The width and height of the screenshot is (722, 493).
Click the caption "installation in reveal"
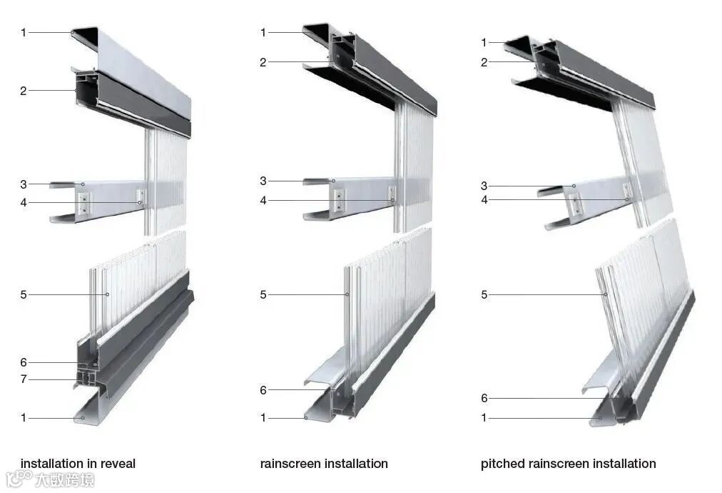pyautogui.click(x=78, y=464)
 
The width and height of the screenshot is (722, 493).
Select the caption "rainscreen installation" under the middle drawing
pyautogui.click(x=324, y=464)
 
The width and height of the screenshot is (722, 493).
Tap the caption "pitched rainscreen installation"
pyautogui.click(x=568, y=464)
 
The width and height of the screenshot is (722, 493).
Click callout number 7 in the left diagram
pyautogui.click(x=24, y=379)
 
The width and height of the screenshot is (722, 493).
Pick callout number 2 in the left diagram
pyautogui.click(x=24, y=91)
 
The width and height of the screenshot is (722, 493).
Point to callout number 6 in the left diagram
pyautogui.click(x=24, y=362)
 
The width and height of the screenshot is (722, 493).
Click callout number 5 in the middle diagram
pyautogui.click(x=263, y=294)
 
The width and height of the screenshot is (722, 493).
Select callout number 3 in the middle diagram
pyautogui.click(x=263, y=181)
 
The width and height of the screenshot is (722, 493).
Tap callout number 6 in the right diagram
pyautogui.click(x=484, y=399)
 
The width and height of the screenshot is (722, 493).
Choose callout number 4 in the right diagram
pyautogui.click(x=484, y=200)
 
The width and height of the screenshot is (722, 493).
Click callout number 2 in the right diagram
pyautogui.click(x=484, y=62)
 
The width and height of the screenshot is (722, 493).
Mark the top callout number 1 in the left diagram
pyautogui.click(x=24, y=32)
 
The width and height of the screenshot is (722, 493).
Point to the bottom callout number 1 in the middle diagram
pyautogui.click(x=263, y=418)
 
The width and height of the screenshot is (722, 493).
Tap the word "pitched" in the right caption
pyautogui.click(x=502, y=464)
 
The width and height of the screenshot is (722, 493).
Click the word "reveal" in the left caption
pyautogui.click(x=117, y=464)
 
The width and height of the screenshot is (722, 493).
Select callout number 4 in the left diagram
pyautogui.click(x=24, y=202)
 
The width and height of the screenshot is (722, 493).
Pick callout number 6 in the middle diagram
pyautogui.click(x=263, y=390)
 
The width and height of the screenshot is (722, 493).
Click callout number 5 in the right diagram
pyautogui.click(x=484, y=294)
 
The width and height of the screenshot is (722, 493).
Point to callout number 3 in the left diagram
pyautogui.click(x=24, y=184)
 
